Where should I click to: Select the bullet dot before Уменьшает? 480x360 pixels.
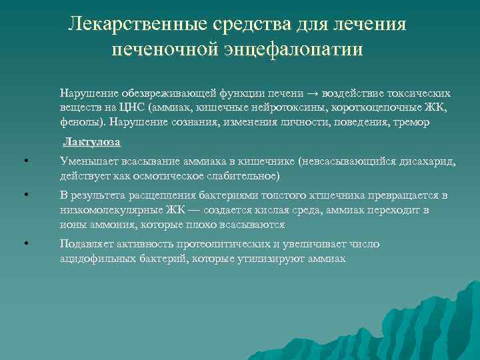pos(25,161)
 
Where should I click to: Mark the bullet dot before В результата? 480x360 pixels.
pos(25,195)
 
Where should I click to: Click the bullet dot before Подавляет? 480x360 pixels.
pos(25,244)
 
